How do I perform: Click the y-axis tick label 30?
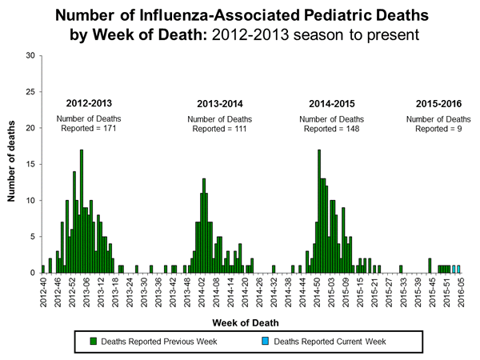(30, 56)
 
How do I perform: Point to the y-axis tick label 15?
(30, 164)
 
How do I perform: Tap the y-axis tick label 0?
(32, 273)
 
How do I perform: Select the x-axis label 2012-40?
(43, 293)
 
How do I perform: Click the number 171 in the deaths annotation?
(116, 128)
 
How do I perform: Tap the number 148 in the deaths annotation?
(356, 128)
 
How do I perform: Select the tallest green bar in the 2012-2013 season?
(81, 211)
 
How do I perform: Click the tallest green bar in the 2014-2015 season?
(319, 211)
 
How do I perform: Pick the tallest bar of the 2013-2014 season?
(204, 226)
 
